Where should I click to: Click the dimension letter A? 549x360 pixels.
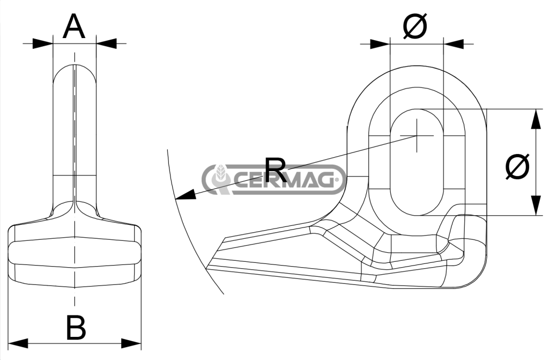tap(74, 27)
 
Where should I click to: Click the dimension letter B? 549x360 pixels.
tap(76, 328)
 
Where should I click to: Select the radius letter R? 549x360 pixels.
tap(276, 170)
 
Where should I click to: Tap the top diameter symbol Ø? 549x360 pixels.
tap(416, 26)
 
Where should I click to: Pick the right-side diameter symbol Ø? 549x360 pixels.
tap(517, 167)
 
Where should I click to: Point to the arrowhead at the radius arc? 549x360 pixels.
tap(186, 195)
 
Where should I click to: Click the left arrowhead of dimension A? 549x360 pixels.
tap(43, 43)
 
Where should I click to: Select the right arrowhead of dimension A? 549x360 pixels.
tap(106, 43)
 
